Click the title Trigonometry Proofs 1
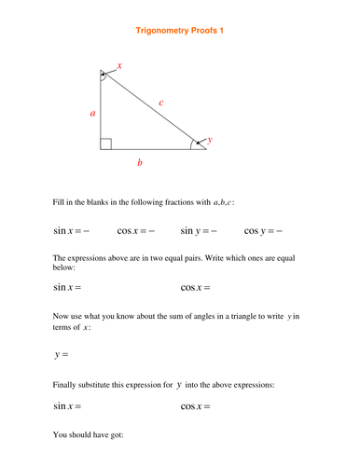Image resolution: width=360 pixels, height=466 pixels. pos(180,31)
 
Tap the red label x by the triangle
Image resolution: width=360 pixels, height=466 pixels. pos(119,66)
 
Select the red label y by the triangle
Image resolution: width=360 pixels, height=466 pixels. pos(210,139)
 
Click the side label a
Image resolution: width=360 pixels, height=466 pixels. pos(92,113)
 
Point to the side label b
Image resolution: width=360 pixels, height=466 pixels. pos(140,163)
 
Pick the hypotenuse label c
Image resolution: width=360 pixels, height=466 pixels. pos(160,103)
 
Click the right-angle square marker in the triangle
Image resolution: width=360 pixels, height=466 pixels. pos(106,144)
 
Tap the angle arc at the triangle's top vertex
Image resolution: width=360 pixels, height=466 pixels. pos(104,76)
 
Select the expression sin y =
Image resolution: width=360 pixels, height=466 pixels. pos(198,231)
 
